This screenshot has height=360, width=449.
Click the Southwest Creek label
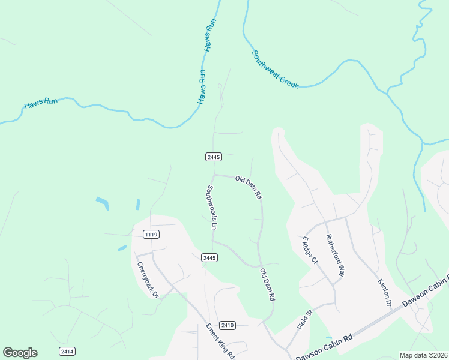(x=275, y=70)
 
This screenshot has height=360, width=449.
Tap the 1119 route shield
(x=151, y=234)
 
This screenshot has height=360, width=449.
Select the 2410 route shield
(x=227, y=325)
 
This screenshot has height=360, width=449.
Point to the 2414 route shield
(x=67, y=351)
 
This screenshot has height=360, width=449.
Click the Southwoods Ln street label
(x=212, y=207)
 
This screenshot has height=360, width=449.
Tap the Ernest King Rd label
(x=220, y=341)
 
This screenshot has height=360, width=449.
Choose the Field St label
(x=305, y=320)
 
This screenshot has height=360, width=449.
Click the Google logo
(x=20, y=353)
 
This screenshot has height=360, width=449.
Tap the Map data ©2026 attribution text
(x=424, y=355)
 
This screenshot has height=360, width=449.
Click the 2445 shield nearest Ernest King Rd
(x=209, y=257)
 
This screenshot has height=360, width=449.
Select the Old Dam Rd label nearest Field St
(x=267, y=285)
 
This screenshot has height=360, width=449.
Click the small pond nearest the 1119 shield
(x=122, y=248)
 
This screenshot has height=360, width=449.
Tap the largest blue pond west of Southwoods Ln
(x=103, y=203)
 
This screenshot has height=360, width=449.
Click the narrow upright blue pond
(x=137, y=205)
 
